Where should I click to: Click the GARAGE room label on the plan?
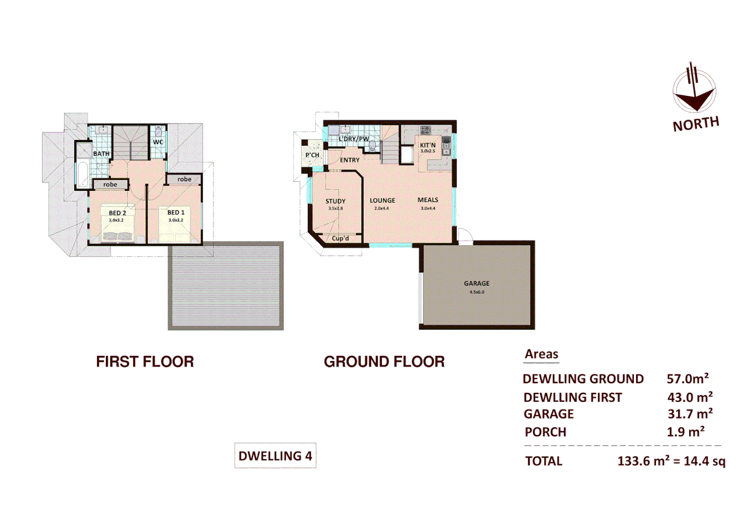[476, 283]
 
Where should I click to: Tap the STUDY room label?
[335, 201]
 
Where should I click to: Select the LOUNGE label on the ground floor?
[382, 201]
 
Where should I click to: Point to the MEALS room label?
[427, 200]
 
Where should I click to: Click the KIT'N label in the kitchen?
[427, 145]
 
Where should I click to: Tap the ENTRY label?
[350, 160]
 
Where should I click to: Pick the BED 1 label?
[176, 212]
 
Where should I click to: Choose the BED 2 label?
[117, 213]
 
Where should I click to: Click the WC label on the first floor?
[158, 142]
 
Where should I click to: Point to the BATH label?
[101, 154]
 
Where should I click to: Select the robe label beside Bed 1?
[184, 179]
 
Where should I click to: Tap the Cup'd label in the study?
[340, 238]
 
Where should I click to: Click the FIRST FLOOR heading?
[145, 362]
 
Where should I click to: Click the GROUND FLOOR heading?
[384, 362]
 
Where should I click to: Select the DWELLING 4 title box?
[275, 456]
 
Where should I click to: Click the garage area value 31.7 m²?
[690, 414]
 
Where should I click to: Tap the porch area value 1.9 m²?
[685, 432]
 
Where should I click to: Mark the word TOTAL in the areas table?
[543, 461]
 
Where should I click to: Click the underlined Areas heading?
[541, 354]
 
